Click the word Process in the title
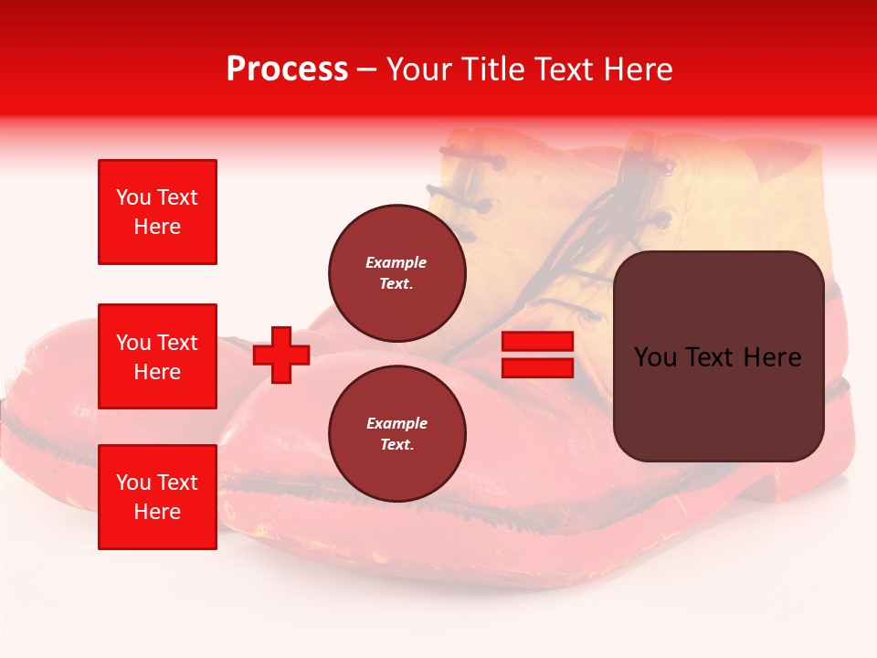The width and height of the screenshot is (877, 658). (287, 69)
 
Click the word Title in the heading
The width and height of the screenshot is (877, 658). (494, 69)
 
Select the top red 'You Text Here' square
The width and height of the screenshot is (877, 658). (157, 212)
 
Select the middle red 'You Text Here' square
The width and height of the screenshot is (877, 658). (157, 356)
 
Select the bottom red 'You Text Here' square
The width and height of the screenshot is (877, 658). (157, 497)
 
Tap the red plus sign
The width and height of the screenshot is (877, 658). (281, 355)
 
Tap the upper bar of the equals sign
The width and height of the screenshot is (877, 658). (537, 341)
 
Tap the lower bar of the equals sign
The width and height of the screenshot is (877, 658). (537, 367)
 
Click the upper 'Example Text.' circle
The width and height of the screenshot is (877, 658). (396, 272)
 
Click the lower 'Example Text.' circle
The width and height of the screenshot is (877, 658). (396, 433)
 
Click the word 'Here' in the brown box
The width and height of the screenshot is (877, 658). (771, 357)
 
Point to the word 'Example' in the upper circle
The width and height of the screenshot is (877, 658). (396, 262)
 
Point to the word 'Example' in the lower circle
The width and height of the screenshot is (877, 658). (396, 423)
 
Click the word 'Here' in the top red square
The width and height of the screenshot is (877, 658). (157, 227)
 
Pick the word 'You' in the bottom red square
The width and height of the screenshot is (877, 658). (133, 483)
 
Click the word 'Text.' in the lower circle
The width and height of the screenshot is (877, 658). (396, 445)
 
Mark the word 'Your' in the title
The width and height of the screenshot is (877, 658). (418, 69)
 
